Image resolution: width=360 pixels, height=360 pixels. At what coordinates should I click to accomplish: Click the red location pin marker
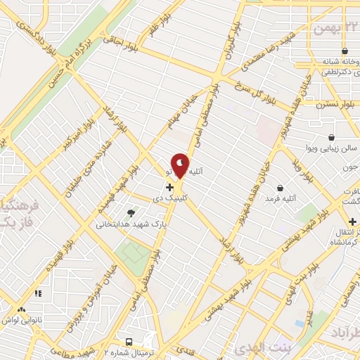181,165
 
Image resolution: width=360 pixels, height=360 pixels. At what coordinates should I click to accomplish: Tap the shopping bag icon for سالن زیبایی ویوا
331,137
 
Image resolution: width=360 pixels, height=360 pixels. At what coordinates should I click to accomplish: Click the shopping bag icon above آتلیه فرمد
281,188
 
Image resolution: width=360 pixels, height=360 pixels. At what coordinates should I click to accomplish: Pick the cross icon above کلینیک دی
169,187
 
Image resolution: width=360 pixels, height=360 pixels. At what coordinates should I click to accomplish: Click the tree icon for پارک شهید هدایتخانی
131,212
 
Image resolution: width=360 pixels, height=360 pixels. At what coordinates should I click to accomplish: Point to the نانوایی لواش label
20,319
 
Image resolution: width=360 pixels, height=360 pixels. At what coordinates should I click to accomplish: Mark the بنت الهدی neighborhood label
270,349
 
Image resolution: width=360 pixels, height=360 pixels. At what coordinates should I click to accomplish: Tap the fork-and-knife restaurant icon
37,292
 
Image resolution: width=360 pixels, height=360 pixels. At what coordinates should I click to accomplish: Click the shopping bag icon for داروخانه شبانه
345,51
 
